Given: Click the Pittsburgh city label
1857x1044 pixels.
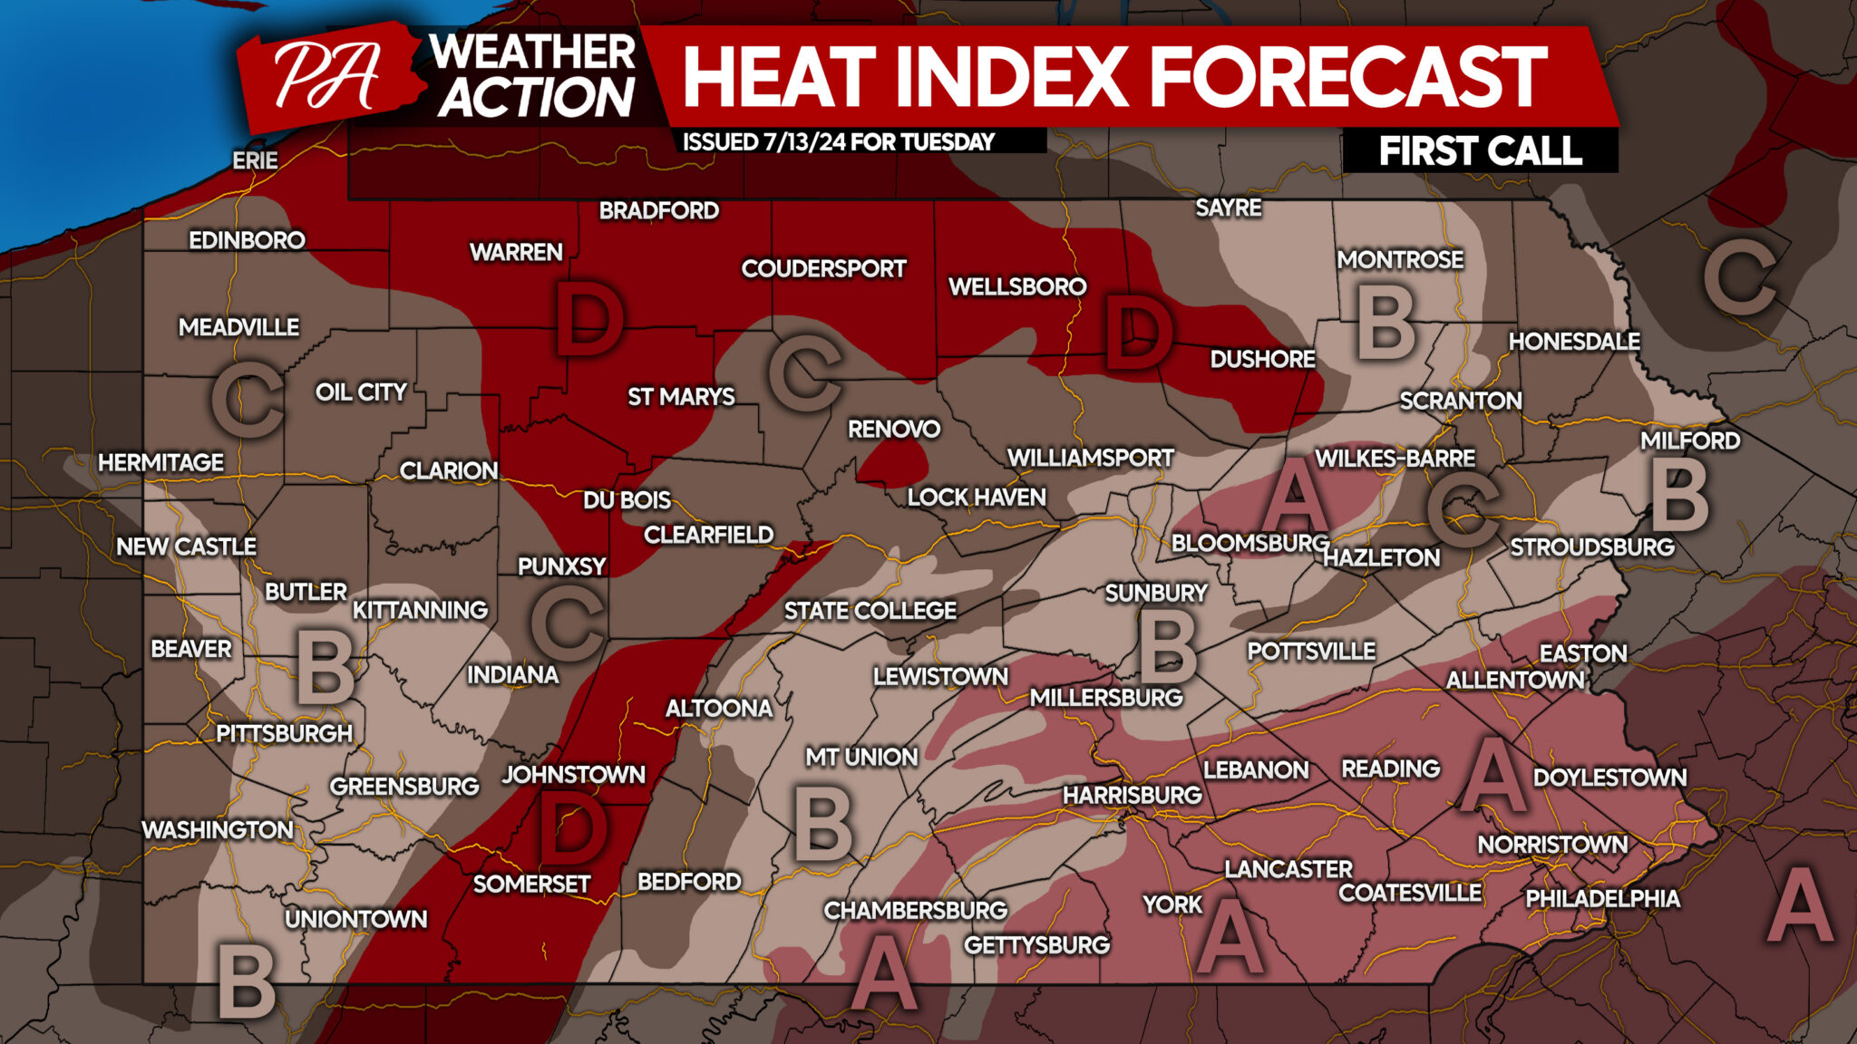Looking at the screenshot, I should pyautogui.click(x=284, y=733).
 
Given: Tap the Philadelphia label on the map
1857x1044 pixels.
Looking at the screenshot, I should pyautogui.click(x=1602, y=898).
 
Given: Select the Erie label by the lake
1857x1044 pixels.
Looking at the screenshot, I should pyautogui.click(x=255, y=160).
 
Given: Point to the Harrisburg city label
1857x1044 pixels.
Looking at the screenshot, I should pyautogui.click(x=1132, y=795).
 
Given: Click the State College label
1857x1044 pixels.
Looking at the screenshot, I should pyautogui.click(x=870, y=611).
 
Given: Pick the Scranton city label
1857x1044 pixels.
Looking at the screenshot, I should pyautogui.click(x=1460, y=401).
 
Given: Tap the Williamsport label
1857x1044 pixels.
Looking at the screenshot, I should pyautogui.click(x=1090, y=458).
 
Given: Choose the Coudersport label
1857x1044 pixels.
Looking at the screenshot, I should pyautogui.click(x=823, y=268).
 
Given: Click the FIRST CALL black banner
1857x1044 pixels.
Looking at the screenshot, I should pyautogui.click(x=1480, y=150).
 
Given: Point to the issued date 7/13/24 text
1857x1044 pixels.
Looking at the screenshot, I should pyautogui.click(x=838, y=141).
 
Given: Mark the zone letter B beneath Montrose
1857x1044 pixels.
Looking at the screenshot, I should pyautogui.click(x=1385, y=323).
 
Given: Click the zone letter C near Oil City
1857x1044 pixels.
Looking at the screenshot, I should pyautogui.click(x=247, y=400).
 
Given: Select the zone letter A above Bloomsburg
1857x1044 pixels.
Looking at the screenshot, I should pyautogui.click(x=1296, y=495).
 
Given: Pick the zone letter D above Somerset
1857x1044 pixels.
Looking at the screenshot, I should pyautogui.click(x=573, y=827).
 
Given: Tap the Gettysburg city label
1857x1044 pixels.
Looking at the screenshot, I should pyautogui.click(x=1036, y=945).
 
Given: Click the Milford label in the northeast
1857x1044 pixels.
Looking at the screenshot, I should pyautogui.click(x=1690, y=440).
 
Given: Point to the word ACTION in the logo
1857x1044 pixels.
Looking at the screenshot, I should pyautogui.click(x=536, y=98).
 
